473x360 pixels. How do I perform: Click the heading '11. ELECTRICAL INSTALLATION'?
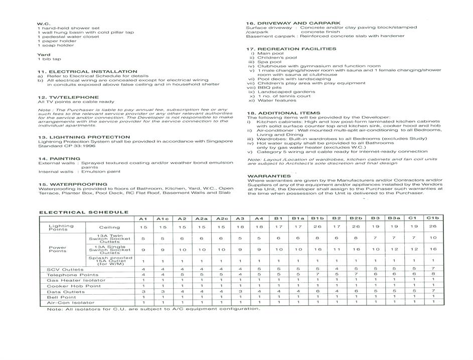click(87, 72)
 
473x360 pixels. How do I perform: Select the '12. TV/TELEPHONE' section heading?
click(68, 97)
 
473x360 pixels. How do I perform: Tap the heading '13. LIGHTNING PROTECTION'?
click(84, 137)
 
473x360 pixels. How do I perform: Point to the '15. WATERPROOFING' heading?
click(72, 184)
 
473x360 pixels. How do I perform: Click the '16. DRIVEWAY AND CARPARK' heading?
click(293, 23)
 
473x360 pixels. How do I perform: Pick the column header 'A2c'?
click(221, 219)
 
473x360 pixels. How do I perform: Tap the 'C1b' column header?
click(433, 218)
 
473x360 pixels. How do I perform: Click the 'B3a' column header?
click(394, 218)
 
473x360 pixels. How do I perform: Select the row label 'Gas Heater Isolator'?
click(69, 281)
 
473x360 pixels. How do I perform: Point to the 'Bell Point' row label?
click(58, 297)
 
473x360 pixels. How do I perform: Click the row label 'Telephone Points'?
click(65, 275)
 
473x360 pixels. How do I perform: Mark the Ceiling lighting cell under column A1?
click(143, 227)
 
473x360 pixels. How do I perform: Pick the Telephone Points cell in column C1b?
click(433, 275)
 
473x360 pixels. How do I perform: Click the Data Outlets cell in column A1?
click(143, 292)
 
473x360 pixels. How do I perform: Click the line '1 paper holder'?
click(55, 41)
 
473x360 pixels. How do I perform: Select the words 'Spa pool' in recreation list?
click(270, 62)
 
